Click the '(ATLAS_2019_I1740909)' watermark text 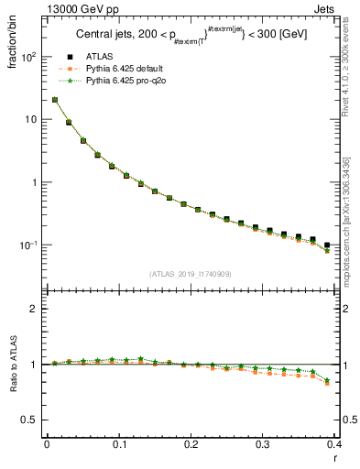pyautogui.click(x=190, y=274)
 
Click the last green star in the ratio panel pyautogui.click(x=327, y=380)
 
